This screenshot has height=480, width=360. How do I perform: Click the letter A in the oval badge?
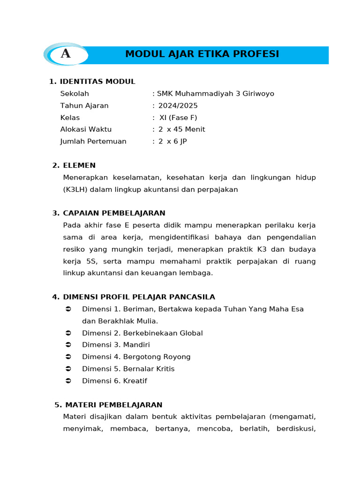66,54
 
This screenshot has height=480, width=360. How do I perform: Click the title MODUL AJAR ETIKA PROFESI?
202,54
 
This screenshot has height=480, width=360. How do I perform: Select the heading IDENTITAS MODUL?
97,82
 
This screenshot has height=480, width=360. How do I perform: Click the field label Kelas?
70,118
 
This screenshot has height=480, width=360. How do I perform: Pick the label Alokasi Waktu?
86,129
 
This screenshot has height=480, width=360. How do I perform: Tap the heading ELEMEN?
79,165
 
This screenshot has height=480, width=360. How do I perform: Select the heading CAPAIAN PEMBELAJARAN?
114,213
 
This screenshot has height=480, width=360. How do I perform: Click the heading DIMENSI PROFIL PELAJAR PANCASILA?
139,297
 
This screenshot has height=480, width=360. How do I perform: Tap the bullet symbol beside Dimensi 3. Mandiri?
68,345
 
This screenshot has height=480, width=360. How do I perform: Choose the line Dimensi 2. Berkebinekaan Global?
142,333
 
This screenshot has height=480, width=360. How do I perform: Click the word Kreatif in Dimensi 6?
135,381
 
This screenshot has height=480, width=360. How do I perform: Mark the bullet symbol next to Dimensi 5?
68,369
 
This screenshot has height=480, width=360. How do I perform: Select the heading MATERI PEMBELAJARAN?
114,405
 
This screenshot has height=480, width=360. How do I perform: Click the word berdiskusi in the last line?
296,429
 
